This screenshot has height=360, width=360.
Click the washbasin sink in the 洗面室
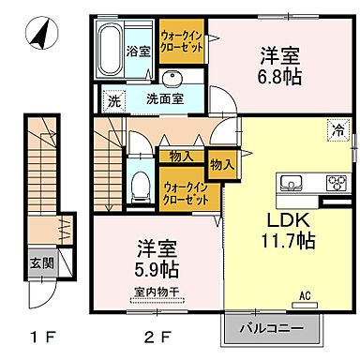coord(171,77)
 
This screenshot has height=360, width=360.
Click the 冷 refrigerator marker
coord(335,131)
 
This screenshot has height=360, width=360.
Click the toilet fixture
coord(139,184)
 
